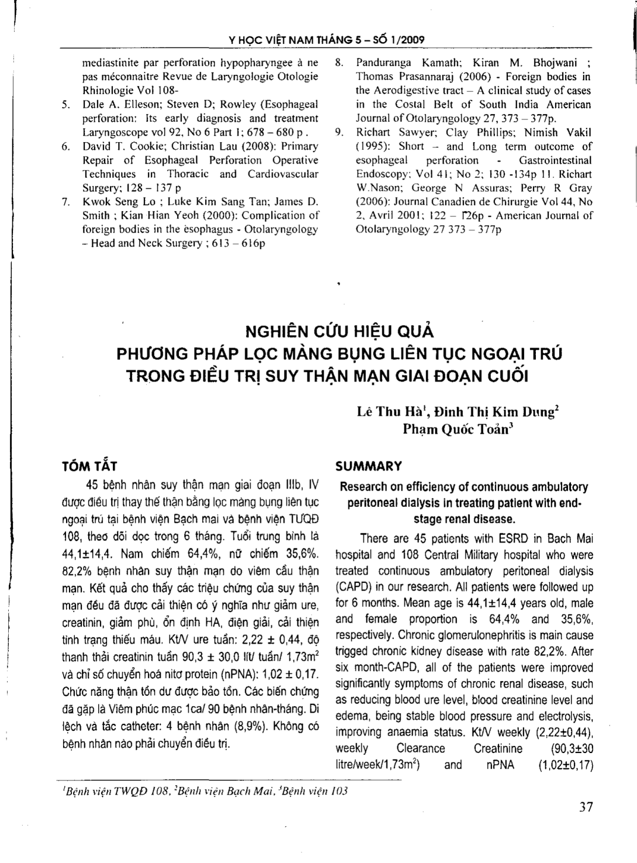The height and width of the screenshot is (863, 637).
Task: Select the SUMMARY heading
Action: click(368, 466)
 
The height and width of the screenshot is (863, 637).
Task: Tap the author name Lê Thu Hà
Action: click(383, 412)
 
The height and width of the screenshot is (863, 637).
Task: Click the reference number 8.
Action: click(339, 63)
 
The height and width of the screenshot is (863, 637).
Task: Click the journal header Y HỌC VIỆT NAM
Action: click(261, 41)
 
